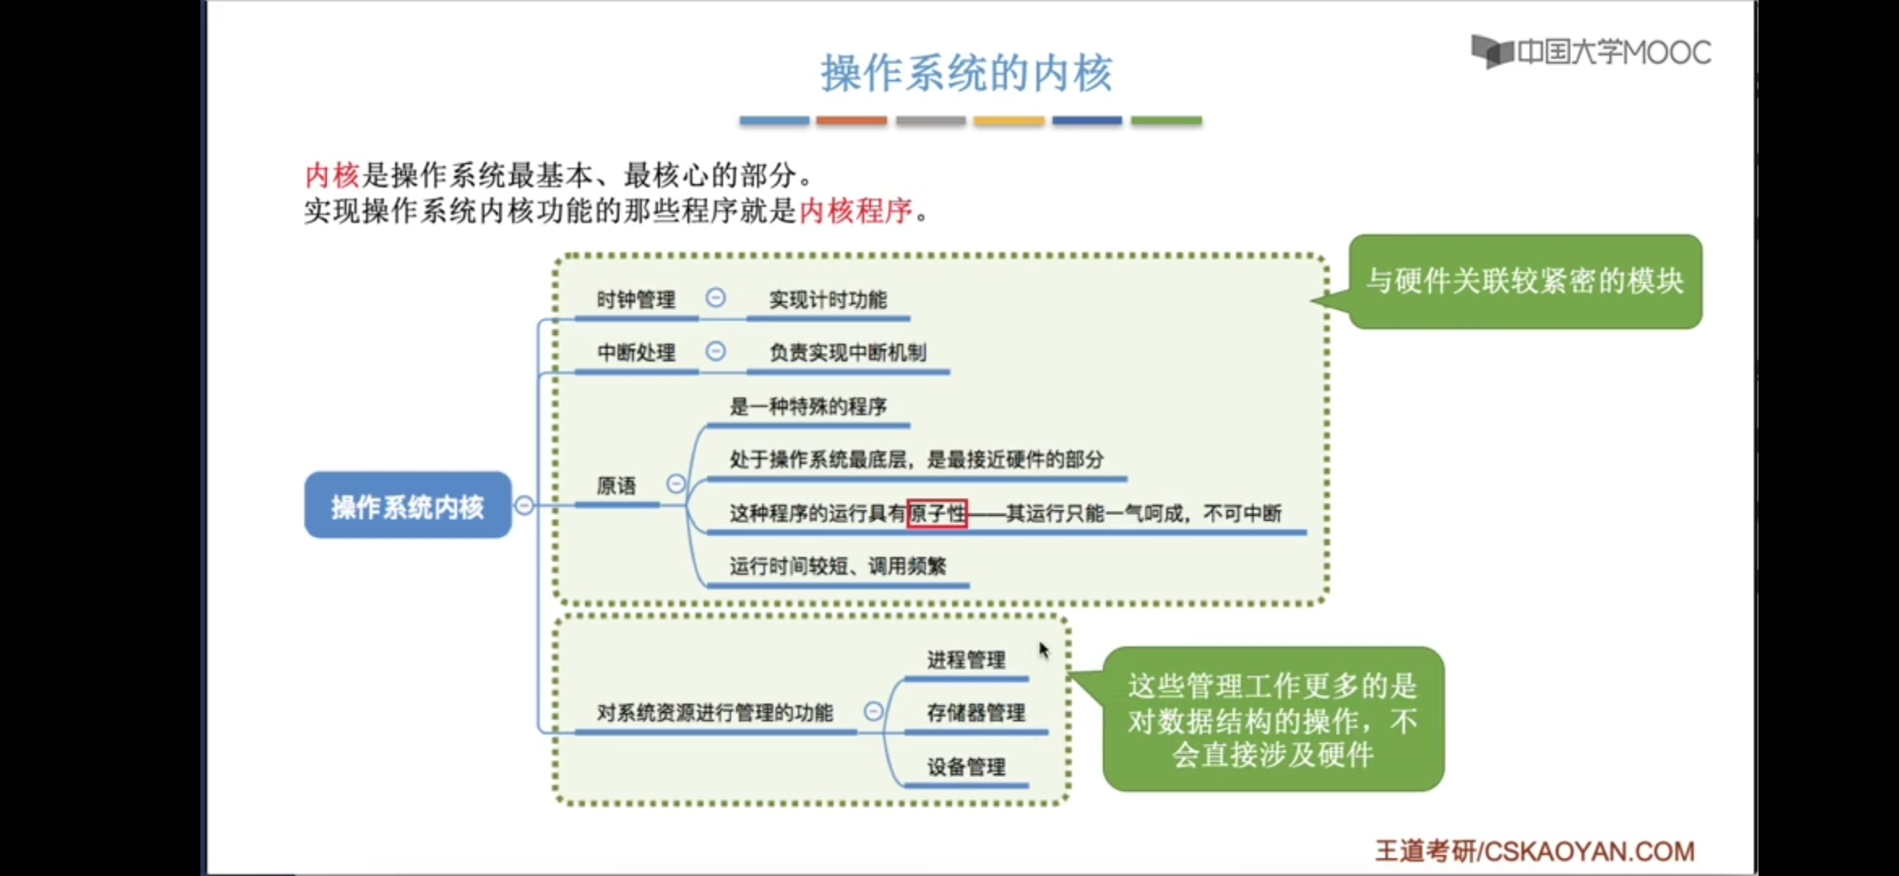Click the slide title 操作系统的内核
pyautogui.click(x=966, y=73)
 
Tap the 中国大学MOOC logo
pyautogui.click(x=1591, y=52)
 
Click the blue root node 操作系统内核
pyautogui.click(x=407, y=506)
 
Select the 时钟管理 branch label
pyautogui.click(x=635, y=300)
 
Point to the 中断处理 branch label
pyautogui.click(x=635, y=353)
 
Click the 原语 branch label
pyautogui.click(x=616, y=486)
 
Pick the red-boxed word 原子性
pyautogui.click(x=937, y=513)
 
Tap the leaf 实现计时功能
pyautogui.click(x=828, y=300)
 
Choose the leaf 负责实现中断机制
pyautogui.click(x=847, y=353)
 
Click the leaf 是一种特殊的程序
pyautogui.click(x=807, y=406)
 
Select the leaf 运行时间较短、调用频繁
pyautogui.click(x=838, y=566)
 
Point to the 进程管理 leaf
pyautogui.click(x=966, y=660)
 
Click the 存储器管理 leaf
pyautogui.click(x=975, y=713)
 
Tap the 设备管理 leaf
pyautogui.click(x=966, y=766)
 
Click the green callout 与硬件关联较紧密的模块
pyautogui.click(x=1525, y=281)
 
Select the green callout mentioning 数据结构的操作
pyautogui.click(x=1272, y=719)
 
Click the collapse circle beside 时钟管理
pyautogui.click(x=715, y=298)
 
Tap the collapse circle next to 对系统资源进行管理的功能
pyautogui.click(x=873, y=711)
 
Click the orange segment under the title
pyautogui.click(x=851, y=121)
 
